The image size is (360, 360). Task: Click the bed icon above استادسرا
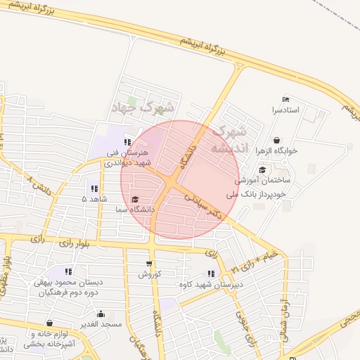285,100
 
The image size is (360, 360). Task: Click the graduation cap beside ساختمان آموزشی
262,169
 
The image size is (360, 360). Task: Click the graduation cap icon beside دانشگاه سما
135,199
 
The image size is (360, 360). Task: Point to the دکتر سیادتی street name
203,208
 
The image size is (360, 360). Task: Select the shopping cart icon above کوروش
148,262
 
